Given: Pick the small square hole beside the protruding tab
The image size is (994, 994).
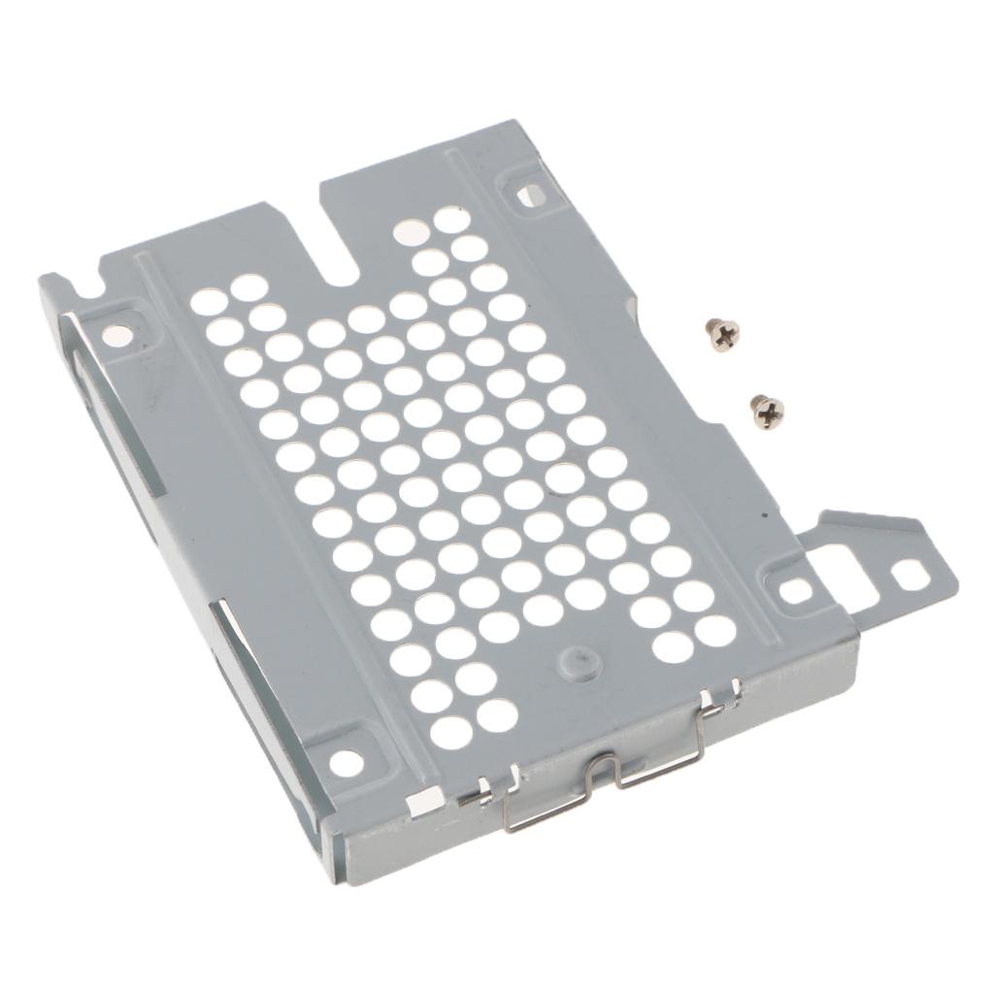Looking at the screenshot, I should point(795,588).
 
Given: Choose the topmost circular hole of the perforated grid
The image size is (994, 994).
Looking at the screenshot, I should point(447,219).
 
